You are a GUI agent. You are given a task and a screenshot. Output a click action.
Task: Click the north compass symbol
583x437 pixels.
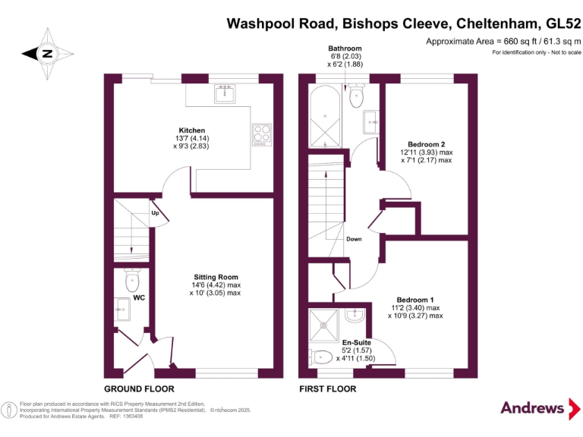(x=46, y=53)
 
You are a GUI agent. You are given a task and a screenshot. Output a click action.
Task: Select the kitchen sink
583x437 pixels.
(x=225, y=94)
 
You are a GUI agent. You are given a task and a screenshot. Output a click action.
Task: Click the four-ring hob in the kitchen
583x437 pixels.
(x=262, y=134)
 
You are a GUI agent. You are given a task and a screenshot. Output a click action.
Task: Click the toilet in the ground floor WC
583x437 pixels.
(x=132, y=281)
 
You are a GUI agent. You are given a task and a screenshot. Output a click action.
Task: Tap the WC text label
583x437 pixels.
(x=139, y=297)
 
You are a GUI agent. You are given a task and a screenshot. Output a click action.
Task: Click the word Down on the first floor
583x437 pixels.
(x=354, y=239)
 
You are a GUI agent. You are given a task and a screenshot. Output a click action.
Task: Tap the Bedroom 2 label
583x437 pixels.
(x=426, y=144)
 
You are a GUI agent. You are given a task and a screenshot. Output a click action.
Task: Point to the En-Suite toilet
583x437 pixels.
(x=322, y=356)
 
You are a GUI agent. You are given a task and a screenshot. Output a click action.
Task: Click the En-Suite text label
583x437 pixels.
(x=356, y=343)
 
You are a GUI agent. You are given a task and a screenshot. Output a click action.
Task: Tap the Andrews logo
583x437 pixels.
(x=532, y=407)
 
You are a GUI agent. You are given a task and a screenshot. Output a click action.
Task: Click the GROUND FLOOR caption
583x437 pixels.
(x=140, y=388)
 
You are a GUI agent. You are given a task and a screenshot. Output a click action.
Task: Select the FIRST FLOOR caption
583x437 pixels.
(x=328, y=388)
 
